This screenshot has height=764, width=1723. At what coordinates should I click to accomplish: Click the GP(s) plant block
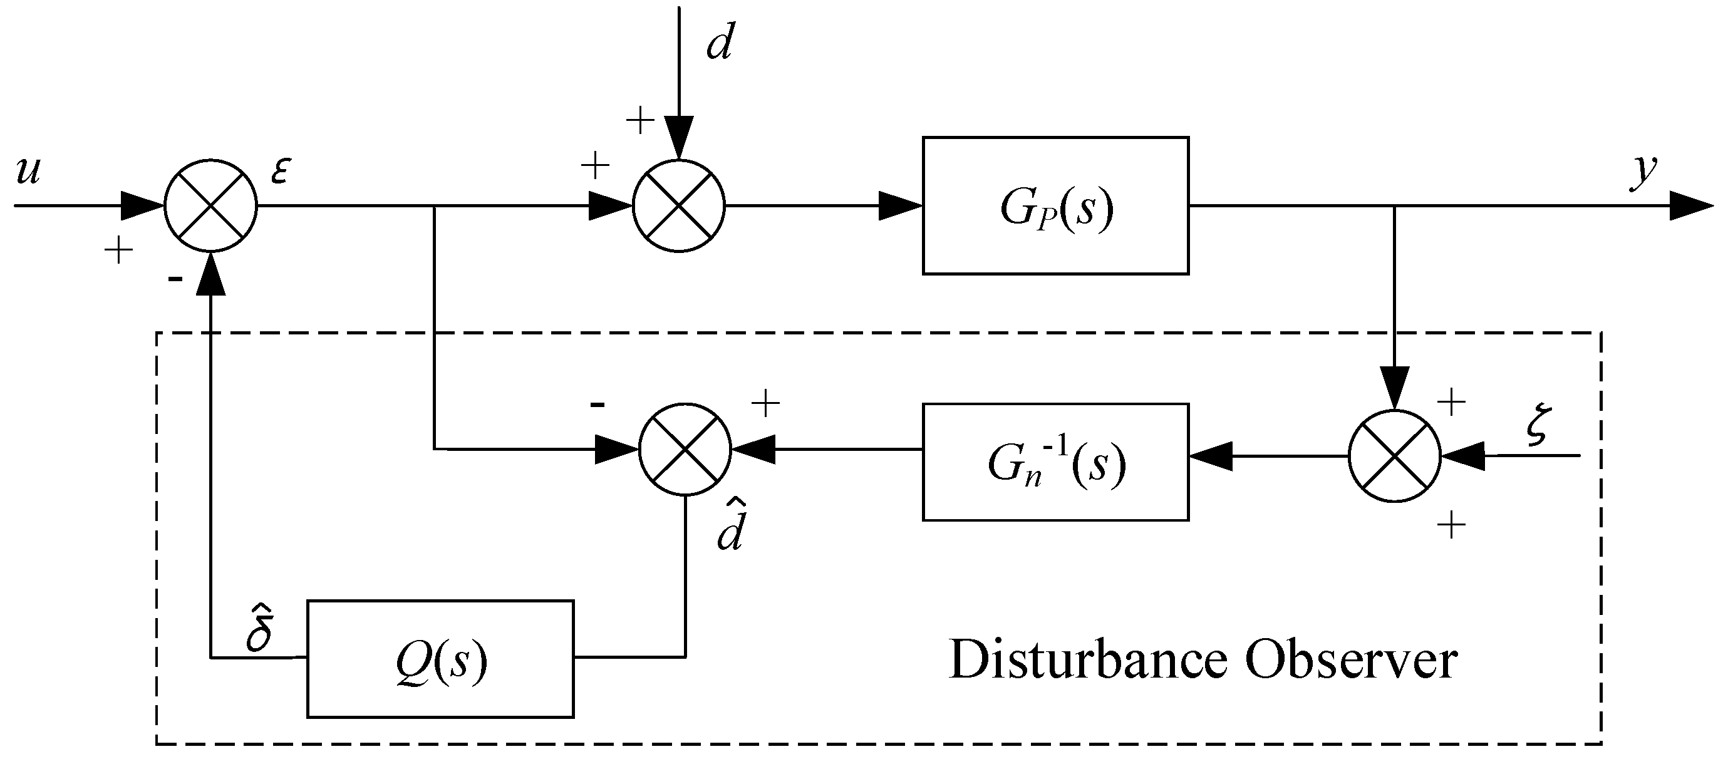pos(1055,205)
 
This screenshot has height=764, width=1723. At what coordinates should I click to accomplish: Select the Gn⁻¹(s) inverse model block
pos(1055,462)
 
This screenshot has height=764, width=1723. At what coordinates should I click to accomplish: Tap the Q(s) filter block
pos(440,659)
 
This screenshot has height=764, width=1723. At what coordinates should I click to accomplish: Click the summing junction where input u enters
pos(210,205)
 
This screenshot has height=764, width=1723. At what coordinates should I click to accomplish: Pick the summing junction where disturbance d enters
pos(679,205)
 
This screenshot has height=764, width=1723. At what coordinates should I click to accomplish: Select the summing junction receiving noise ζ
pos(1395,456)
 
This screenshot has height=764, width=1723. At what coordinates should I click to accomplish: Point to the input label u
pos(28,170)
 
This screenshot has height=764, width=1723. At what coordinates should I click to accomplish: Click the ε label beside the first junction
pos(280,171)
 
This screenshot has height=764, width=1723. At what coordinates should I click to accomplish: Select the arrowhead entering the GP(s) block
pos(899,205)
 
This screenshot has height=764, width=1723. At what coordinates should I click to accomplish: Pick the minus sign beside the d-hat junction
pos(598,404)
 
